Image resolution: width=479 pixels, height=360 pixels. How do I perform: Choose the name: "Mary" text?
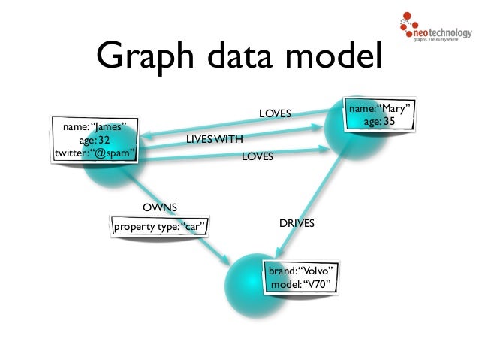pyautogui.click(x=381, y=110)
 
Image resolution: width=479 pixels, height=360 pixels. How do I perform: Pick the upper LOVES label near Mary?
pyautogui.click(x=275, y=113)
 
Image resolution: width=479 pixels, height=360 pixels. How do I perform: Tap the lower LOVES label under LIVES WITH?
pyautogui.click(x=257, y=158)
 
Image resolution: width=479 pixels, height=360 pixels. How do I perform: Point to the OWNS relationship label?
pyautogui.click(x=160, y=207)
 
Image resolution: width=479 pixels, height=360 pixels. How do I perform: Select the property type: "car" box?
pyautogui.click(x=158, y=226)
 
